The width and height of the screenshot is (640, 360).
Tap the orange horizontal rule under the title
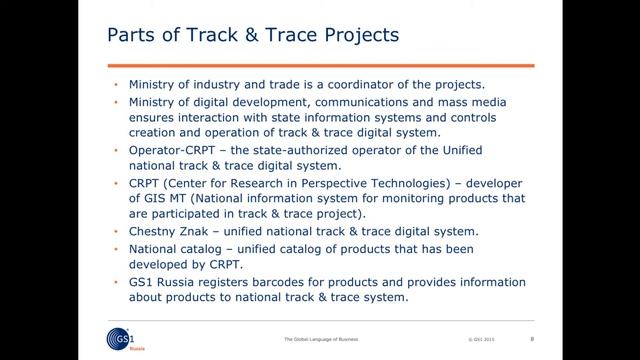tap(320, 64)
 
